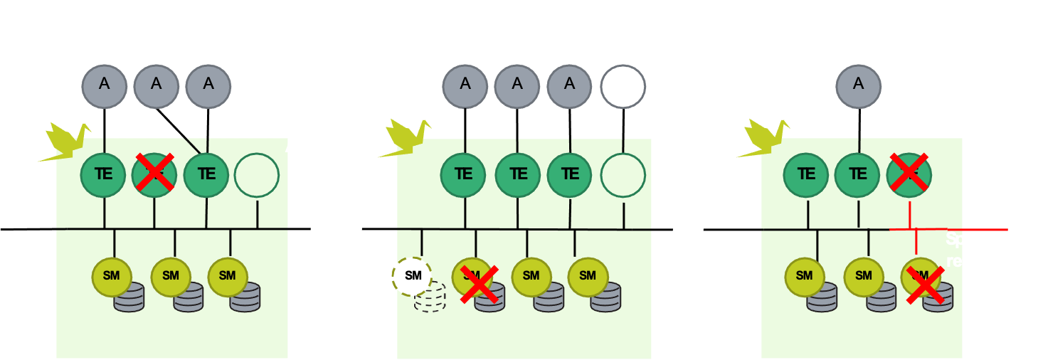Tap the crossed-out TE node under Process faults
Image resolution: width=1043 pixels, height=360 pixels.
coord(155,173)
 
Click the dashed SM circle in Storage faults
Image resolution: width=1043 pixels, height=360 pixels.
coord(413,275)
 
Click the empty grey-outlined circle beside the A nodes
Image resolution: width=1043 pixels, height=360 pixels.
coord(623,87)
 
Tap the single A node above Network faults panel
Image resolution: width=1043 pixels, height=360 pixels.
coord(858,83)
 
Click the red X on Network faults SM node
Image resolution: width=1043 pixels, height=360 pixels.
coord(926,285)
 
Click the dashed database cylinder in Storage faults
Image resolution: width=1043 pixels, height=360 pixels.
coord(430,298)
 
